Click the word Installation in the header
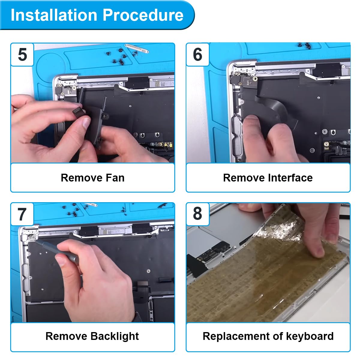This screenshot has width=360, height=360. (54, 15)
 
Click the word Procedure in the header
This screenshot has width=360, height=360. (143, 15)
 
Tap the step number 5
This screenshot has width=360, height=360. (22, 55)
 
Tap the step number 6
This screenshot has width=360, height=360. (198, 55)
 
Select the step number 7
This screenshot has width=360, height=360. (22, 214)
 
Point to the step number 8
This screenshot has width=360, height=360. (197, 214)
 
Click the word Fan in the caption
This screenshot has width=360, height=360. (115, 178)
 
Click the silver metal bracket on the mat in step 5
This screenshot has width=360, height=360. (136, 48)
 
